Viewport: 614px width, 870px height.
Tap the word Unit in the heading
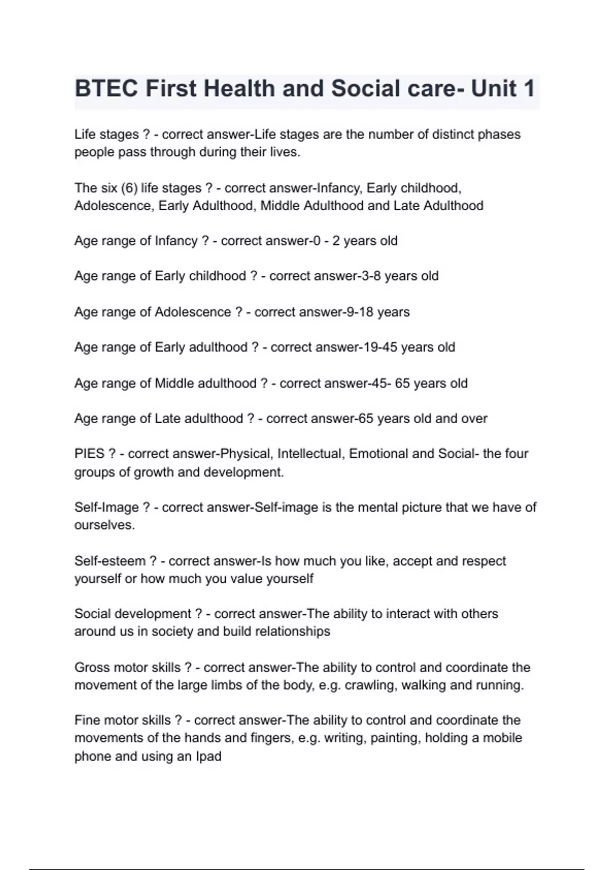pos(493,89)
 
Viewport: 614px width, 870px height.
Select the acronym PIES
pos(90,454)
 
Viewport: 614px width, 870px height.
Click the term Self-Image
pos(106,507)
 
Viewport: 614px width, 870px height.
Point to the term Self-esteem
pos(110,561)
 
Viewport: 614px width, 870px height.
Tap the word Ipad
pos(208,756)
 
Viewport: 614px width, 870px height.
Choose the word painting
pos(396,738)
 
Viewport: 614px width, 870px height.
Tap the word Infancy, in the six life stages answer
pos(340,188)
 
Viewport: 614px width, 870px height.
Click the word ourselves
pos(104,526)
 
